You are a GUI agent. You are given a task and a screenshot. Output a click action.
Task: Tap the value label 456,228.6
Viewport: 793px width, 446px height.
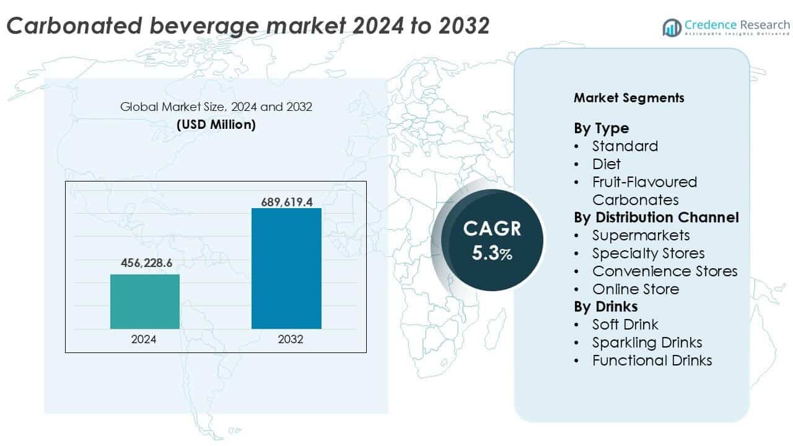pyautogui.click(x=145, y=263)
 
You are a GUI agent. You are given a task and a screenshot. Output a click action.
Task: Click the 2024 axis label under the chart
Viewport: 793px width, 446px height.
pyautogui.click(x=144, y=339)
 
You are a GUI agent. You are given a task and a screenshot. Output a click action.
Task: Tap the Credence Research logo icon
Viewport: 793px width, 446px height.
pyautogui.click(x=672, y=27)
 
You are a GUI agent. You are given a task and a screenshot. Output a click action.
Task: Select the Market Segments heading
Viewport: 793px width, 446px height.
pyautogui.click(x=629, y=98)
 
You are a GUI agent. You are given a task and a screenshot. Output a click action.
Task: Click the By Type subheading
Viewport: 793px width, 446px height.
pyautogui.click(x=601, y=128)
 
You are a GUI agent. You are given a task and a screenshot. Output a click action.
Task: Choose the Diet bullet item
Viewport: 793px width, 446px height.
pyautogui.click(x=606, y=164)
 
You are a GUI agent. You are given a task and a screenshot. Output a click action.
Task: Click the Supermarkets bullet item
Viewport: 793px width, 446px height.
pyautogui.click(x=641, y=235)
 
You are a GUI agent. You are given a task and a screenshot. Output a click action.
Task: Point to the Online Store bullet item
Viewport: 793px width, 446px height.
pyautogui.click(x=635, y=289)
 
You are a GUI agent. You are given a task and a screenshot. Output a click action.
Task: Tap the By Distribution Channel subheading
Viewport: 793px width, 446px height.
pyautogui.click(x=656, y=217)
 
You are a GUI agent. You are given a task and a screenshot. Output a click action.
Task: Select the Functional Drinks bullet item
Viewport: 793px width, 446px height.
pyautogui.click(x=652, y=361)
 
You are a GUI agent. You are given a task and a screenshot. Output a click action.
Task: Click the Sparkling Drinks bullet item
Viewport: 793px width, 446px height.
pyautogui.click(x=647, y=343)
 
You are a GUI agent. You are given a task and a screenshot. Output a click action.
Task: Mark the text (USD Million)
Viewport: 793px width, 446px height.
pyautogui.click(x=216, y=125)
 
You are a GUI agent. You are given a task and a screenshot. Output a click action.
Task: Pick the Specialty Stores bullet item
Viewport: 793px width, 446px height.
pyautogui.click(x=648, y=253)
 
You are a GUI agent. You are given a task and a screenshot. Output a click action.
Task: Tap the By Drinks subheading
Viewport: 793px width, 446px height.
pyautogui.click(x=605, y=307)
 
